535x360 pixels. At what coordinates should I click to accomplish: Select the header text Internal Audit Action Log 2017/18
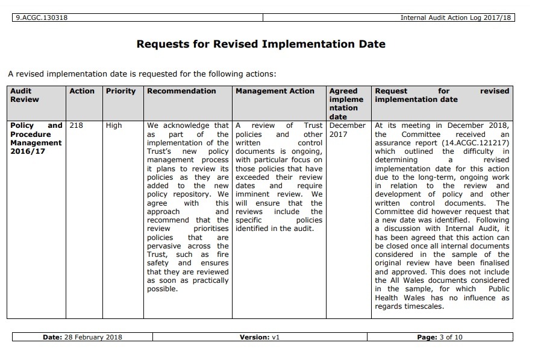pos(455,17)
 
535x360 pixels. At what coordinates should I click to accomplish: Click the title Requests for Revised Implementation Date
pos(261,44)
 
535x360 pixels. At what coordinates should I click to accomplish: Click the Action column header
pos(82,91)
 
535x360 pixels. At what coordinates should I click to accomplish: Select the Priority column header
pos(120,91)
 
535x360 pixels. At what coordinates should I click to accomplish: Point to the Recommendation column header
pos(181,91)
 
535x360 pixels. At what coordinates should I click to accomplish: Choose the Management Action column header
pos(275,91)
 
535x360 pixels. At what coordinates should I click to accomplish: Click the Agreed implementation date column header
pos(346,104)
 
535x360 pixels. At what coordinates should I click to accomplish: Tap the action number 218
pos(76,125)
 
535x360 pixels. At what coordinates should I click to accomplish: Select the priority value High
pos(113,125)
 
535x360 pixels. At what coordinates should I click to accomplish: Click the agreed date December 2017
pos(347,130)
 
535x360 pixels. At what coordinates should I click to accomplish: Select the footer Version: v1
pos(260,337)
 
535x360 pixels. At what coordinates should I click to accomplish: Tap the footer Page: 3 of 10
pos(440,337)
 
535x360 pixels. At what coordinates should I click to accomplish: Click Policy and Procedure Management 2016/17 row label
pos(36,139)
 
